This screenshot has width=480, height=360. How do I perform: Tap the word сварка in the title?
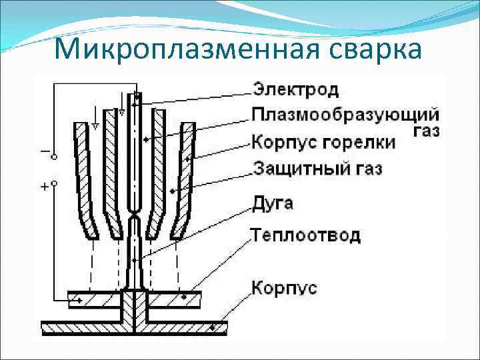coord(373,49)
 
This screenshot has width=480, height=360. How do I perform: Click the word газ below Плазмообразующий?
coord(426,130)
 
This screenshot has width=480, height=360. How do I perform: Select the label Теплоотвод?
coord(305,235)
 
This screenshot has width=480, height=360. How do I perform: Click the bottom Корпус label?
coord(283,288)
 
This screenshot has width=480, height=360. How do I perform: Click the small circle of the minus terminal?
coord(54,157)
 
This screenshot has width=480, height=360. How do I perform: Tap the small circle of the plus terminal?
coord(54,182)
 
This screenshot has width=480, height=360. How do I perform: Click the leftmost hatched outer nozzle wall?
coord(85,180)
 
